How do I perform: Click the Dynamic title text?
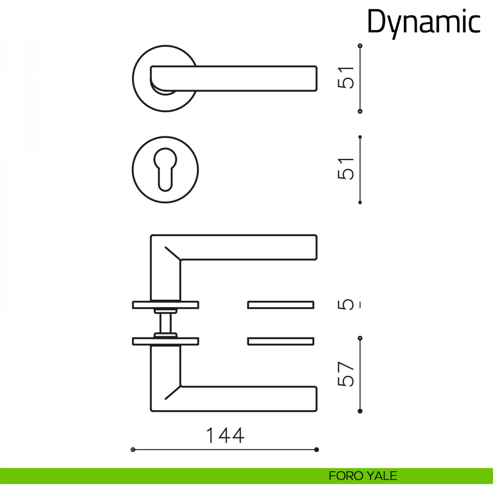424,23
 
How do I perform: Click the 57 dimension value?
346,374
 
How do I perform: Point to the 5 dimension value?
346,305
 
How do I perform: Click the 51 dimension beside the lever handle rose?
346,78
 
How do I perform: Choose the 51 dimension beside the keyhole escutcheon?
346,168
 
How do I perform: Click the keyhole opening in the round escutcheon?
165,169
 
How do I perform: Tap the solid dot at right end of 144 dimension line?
316,457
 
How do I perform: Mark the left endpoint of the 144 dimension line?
133,457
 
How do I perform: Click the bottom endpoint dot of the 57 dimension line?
360,411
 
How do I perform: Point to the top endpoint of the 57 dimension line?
360,338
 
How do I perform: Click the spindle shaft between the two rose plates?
165,323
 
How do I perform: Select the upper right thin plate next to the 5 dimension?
281,305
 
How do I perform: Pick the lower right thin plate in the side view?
281,341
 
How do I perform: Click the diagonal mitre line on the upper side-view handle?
173,253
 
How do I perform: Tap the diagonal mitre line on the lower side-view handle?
173,392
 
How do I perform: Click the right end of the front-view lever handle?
317,78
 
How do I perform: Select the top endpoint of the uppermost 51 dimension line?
360,46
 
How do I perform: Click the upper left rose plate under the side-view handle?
166,305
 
